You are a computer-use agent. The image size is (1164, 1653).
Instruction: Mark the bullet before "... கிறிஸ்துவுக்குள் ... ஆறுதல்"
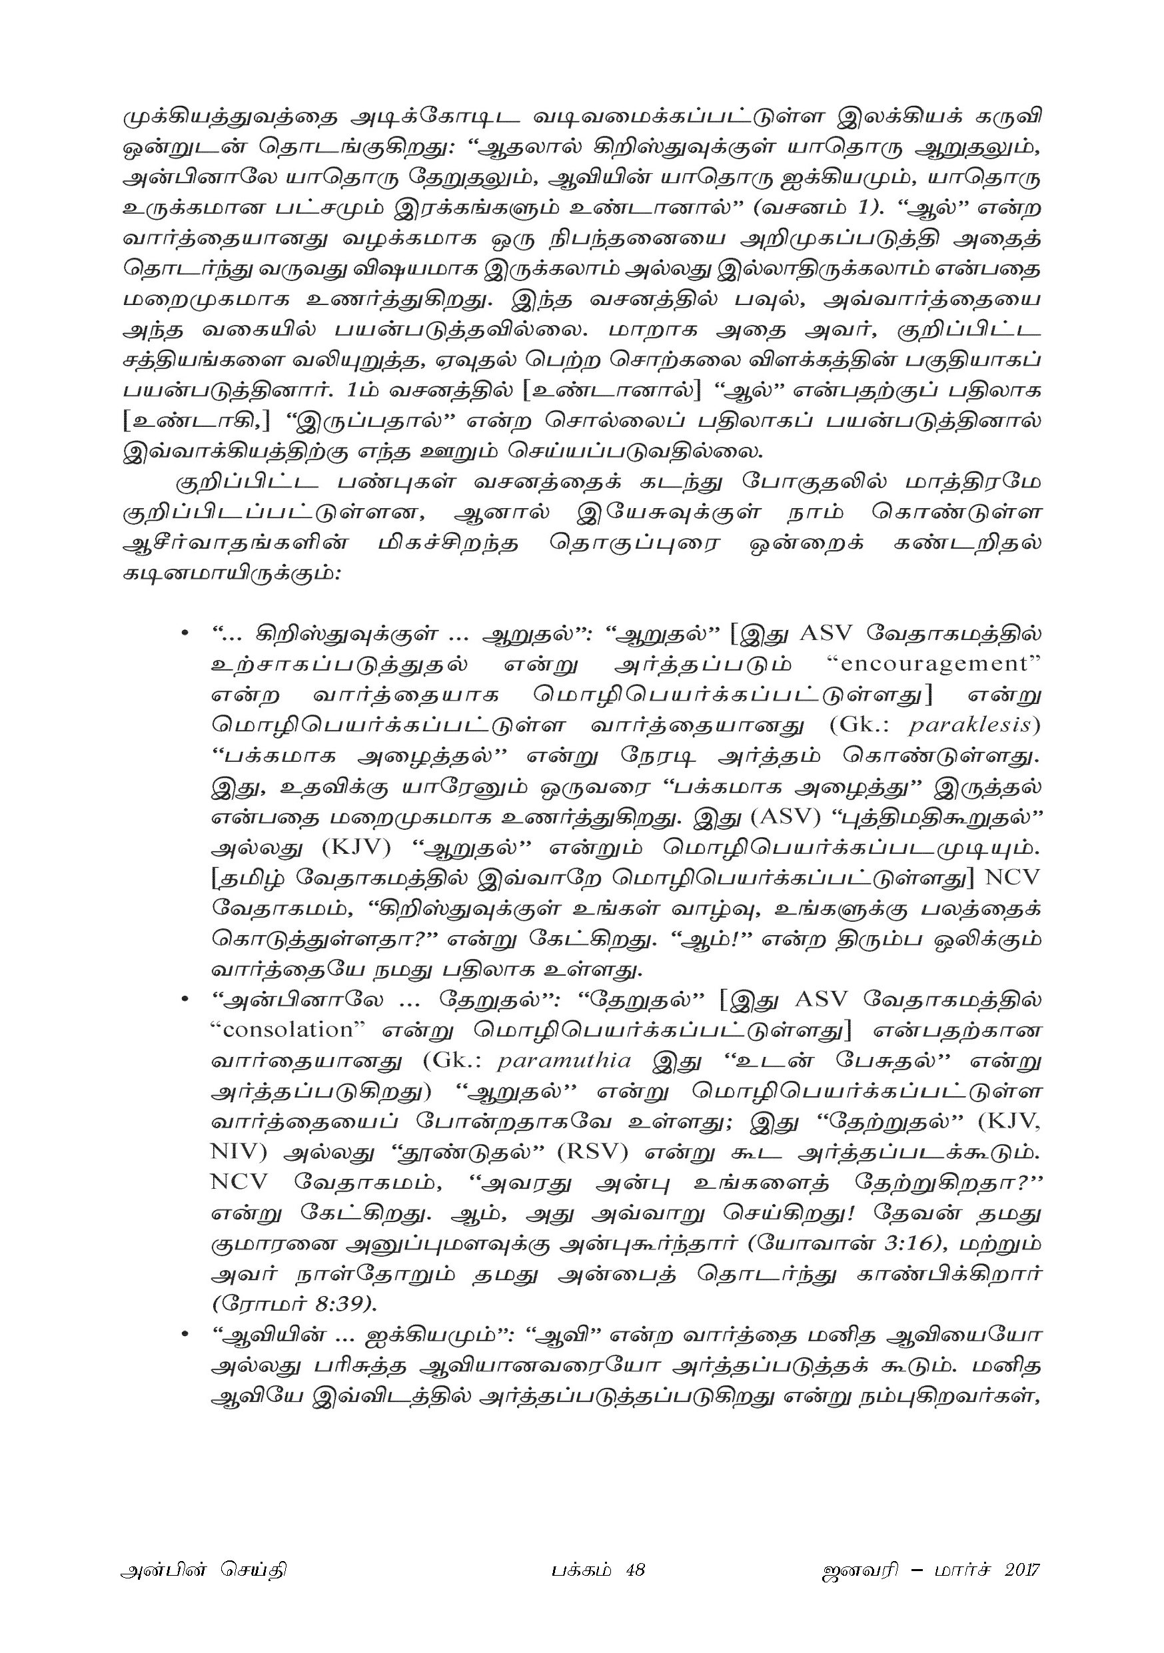185,633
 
